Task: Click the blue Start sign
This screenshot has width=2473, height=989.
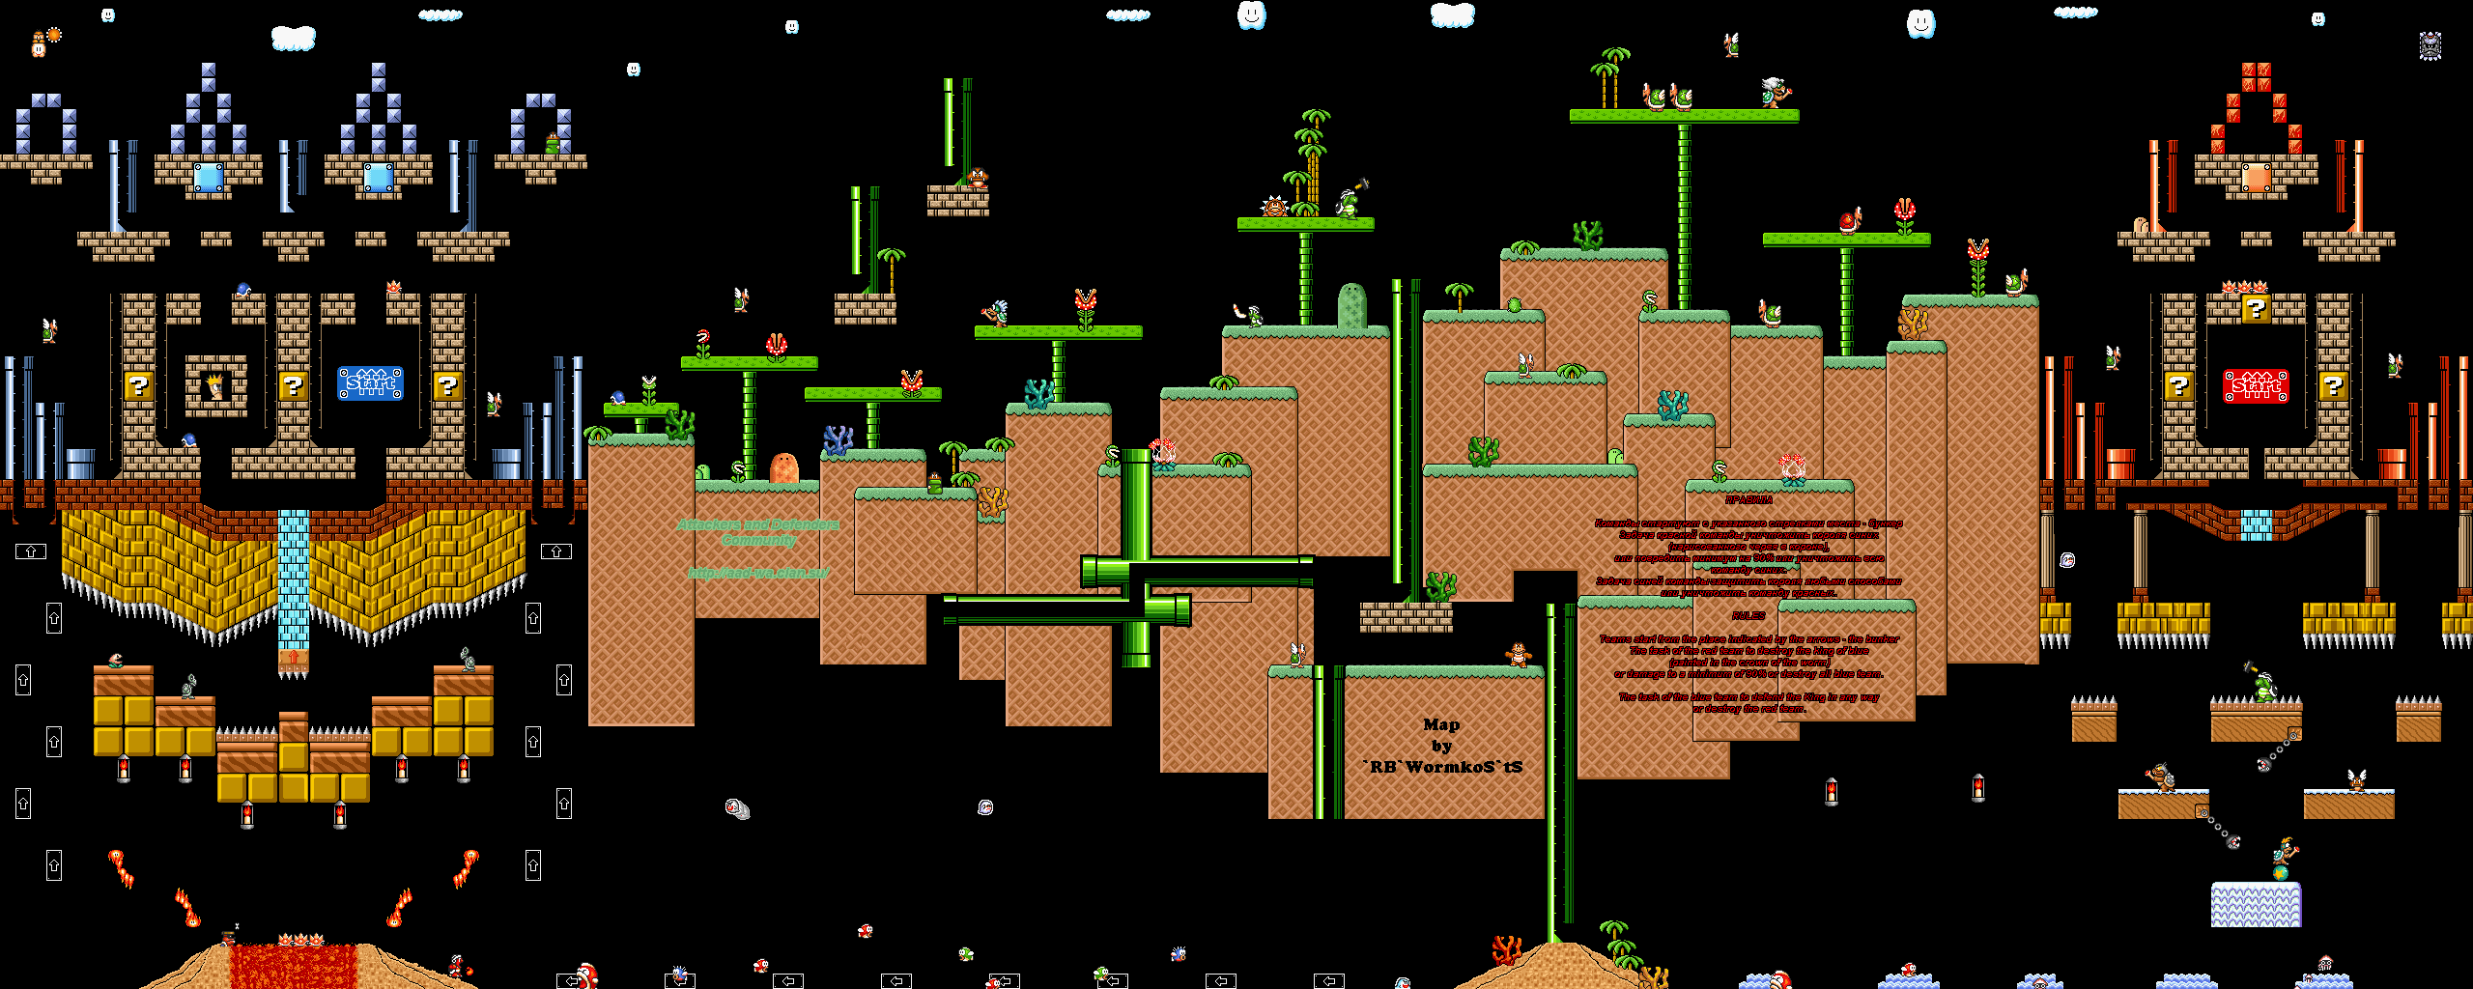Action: [x=370, y=383]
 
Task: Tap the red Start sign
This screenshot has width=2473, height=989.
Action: [x=2256, y=385]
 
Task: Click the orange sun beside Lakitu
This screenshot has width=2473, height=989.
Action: [x=54, y=35]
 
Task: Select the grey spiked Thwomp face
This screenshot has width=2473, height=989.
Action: [x=2430, y=45]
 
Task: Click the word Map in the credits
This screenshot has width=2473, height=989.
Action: [x=1441, y=724]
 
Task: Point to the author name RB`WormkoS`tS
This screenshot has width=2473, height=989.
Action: [x=1444, y=767]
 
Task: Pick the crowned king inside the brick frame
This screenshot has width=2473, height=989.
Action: [x=214, y=386]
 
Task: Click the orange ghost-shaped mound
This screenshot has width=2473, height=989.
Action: [x=783, y=467]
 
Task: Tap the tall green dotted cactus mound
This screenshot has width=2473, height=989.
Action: [x=1351, y=306]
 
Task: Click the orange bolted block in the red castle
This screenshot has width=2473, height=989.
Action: [x=2256, y=178]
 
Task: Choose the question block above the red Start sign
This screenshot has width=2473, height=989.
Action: [x=2256, y=309]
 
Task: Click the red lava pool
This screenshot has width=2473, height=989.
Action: [x=293, y=966]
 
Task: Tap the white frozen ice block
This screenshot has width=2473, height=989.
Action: [x=2256, y=904]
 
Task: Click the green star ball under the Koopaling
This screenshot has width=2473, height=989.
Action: [x=2280, y=873]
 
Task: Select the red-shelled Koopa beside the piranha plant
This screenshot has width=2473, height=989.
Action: [x=1849, y=222]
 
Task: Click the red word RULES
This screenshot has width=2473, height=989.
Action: [x=1748, y=615]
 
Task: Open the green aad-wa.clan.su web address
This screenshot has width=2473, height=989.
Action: [x=758, y=573]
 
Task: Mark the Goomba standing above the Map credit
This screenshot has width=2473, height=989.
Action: [x=1519, y=655]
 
